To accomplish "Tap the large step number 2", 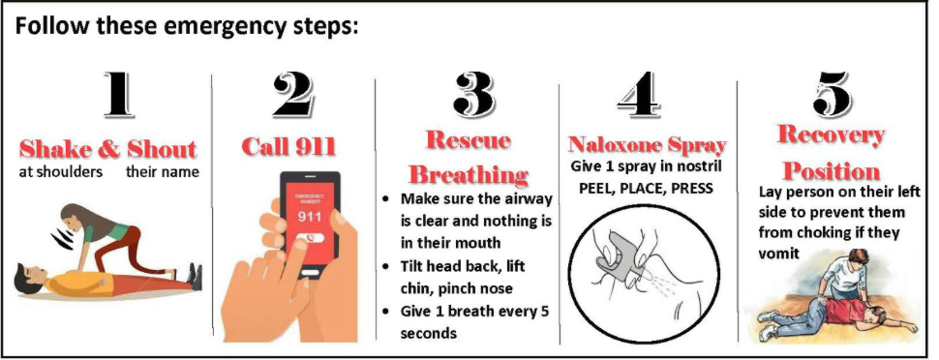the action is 293,95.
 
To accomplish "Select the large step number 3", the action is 473,95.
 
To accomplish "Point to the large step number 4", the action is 639,95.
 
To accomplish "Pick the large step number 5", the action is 832,95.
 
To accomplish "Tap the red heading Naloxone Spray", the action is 647,145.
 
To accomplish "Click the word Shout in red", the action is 162,149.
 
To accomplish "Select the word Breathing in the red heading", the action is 469,174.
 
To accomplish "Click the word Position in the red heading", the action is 832,171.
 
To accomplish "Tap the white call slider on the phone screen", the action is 311,237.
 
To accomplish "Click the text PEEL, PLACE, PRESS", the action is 646,188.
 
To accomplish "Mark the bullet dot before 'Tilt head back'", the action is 387,266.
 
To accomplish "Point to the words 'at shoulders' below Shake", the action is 60,172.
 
